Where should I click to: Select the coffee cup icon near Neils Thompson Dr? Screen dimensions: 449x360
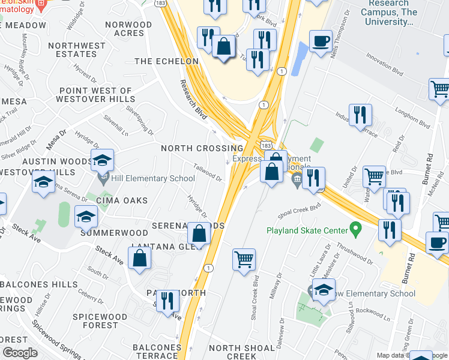click(321, 41)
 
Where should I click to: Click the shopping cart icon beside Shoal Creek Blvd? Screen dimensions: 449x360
click(244, 260)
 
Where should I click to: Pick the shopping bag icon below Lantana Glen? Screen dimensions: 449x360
click(139, 259)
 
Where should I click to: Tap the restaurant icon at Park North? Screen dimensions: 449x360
click(167, 301)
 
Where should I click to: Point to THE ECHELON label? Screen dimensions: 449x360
click(166, 62)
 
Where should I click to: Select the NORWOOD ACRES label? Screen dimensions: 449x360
click(128, 29)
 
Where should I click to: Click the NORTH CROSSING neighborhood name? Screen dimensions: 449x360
click(202, 148)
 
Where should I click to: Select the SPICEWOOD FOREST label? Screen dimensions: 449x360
click(100, 321)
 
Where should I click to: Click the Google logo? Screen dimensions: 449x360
click(20, 353)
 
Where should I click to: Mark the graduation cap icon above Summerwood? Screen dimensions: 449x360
click(86, 217)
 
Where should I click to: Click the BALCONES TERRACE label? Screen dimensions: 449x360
click(157, 352)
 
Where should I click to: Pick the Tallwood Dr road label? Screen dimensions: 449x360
click(208, 172)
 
